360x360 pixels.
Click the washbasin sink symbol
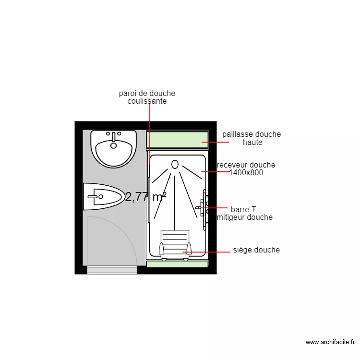pos(114,149)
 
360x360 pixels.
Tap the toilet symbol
pos(103,196)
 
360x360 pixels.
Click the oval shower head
pos(175,164)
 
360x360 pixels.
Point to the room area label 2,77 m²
pos(146,197)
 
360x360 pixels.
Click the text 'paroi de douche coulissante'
pos(147,97)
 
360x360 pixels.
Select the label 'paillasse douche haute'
pos(252,138)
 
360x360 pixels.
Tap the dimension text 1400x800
pos(246,172)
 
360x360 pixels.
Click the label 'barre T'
pos(243,209)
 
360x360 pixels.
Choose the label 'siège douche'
pos(256,250)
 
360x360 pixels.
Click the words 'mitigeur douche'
pos(245,217)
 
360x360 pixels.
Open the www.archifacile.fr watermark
pos(330,342)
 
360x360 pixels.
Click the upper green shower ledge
pos(177,139)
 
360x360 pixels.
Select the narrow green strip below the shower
pos(177,264)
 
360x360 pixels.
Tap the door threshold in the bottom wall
pos(112,270)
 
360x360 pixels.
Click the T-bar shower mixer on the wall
pos(204,209)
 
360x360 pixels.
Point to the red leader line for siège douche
pos(206,252)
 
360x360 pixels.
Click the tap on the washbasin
pos(113,137)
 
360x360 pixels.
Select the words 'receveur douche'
pos(246,165)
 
